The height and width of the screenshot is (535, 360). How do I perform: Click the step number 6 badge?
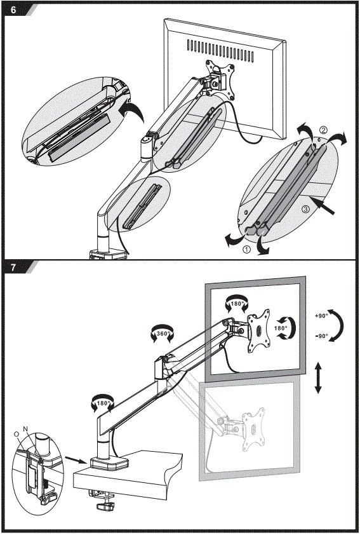pos(13,10)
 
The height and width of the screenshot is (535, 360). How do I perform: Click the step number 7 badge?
pos(13,267)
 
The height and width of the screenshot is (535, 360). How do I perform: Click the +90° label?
pos(321,316)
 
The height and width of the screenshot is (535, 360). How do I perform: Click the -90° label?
pos(321,336)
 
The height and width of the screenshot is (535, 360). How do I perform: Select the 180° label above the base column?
pos(103,402)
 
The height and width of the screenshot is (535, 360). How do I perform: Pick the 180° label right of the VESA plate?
pos(281,329)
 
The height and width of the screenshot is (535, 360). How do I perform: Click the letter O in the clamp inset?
pos(16,433)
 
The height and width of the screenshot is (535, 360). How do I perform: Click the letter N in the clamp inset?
pos(25,429)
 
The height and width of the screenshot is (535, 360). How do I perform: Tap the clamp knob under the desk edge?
pos(106,506)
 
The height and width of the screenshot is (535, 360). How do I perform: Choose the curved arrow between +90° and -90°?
pos(342,326)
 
